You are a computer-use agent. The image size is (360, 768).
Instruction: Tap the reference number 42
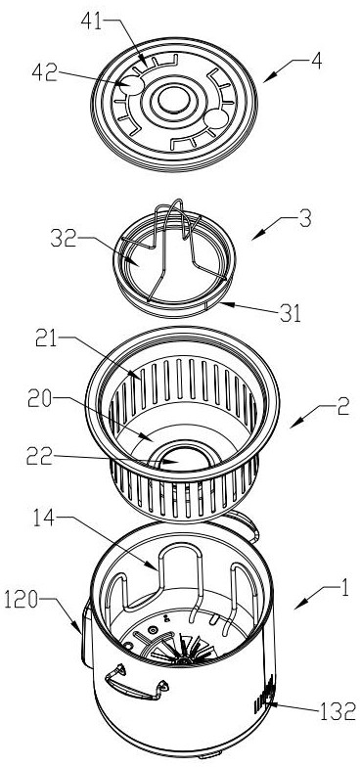(43, 72)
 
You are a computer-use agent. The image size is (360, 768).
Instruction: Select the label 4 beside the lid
(316, 63)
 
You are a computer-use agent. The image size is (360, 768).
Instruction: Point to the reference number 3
(305, 219)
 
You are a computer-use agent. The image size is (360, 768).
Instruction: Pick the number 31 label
(291, 314)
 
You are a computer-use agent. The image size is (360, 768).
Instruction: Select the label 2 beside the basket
(343, 406)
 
